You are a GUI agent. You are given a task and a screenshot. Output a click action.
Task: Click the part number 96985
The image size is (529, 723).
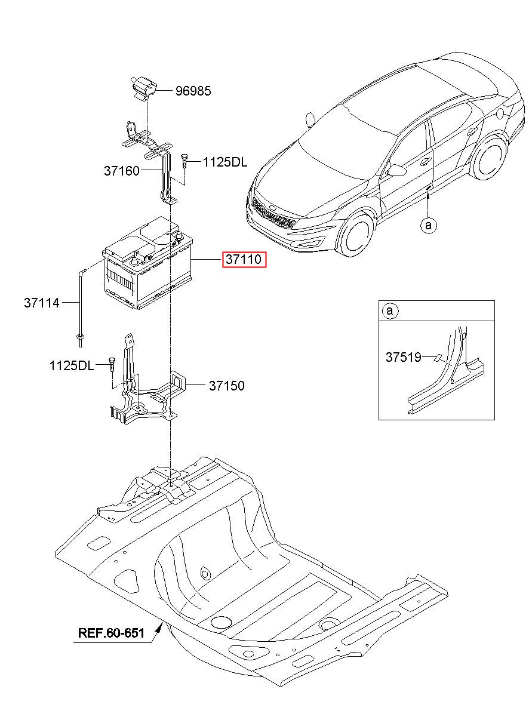point(193,91)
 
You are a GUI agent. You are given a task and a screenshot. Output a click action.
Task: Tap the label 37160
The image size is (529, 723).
point(121,171)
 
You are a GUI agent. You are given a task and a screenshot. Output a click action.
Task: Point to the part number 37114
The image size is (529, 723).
point(42,303)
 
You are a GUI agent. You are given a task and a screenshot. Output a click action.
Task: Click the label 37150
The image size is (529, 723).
point(226,386)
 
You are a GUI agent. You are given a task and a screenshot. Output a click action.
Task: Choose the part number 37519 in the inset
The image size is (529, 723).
point(403,358)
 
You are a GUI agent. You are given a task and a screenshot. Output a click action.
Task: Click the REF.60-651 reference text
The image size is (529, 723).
point(111,632)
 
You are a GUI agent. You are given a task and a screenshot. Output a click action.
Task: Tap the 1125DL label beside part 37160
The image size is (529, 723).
point(224,162)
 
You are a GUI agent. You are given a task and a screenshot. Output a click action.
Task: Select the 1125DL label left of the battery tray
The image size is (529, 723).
point(72,365)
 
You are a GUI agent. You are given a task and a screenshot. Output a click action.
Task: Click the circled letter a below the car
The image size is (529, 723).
point(428,224)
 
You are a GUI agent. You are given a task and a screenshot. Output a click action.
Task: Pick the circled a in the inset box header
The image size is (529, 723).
point(389,310)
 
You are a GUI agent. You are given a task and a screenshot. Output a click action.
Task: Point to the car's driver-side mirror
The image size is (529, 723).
point(396,171)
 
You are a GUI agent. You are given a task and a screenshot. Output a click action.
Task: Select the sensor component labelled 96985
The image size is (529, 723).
point(142,87)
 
